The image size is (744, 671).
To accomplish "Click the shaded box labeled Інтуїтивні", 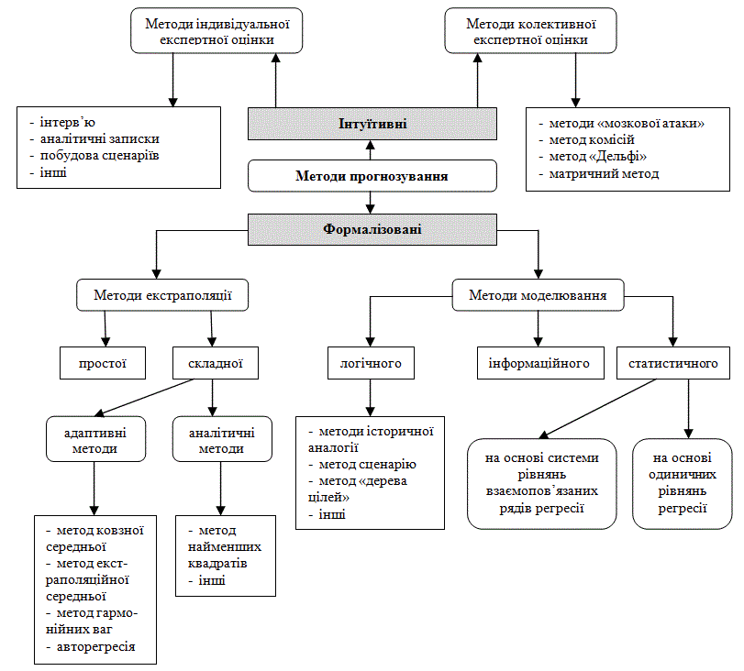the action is click(x=372, y=124).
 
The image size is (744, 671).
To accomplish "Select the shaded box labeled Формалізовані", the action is click(x=372, y=229).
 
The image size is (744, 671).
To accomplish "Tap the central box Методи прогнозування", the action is click(x=372, y=176).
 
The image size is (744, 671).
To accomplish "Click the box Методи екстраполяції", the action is click(x=162, y=295).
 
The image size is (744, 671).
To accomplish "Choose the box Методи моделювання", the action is click(x=539, y=295).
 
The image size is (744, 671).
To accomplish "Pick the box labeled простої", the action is click(x=103, y=363).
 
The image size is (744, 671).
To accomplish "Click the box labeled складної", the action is click(x=216, y=363).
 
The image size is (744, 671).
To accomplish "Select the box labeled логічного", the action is click(x=371, y=363).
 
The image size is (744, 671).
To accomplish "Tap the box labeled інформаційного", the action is click(x=540, y=363).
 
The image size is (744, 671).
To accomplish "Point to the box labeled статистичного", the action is click(x=672, y=363).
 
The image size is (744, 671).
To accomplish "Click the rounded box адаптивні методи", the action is click(x=95, y=439).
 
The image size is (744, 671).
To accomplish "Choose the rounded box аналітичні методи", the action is click(x=222, y=439).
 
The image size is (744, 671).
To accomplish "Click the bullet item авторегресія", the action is click(x=91, y=647).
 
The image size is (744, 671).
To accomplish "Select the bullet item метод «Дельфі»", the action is click(x=593, y=157).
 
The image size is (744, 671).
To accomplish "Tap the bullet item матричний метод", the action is click(x=599, y=173).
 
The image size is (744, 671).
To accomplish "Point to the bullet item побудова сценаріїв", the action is click(x=94, y=156).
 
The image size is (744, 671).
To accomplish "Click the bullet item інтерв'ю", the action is click(x=62, y=122).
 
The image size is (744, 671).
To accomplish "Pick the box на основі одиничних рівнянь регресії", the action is click(x=683, y=483).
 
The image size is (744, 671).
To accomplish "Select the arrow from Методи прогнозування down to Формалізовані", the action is click(x=371, y=203).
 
